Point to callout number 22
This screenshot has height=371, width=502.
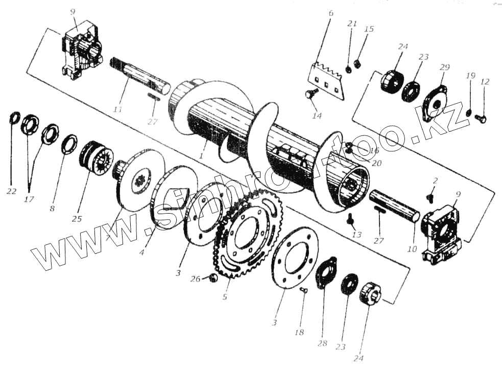pos(11,192)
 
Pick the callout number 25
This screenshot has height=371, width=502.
pos(77,219)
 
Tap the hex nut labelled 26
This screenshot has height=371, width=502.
pos(214,278)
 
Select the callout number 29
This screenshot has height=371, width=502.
pos(444,67)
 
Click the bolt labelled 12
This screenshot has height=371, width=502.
pos(480,119)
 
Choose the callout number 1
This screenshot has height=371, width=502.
pos(202,154)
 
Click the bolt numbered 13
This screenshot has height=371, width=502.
pos(351,219)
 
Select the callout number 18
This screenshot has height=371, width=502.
pos(299,332)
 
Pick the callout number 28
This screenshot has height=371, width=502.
pos(322,344)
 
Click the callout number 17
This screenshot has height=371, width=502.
pos(29,199)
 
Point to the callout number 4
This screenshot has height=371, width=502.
pos(142,252)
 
